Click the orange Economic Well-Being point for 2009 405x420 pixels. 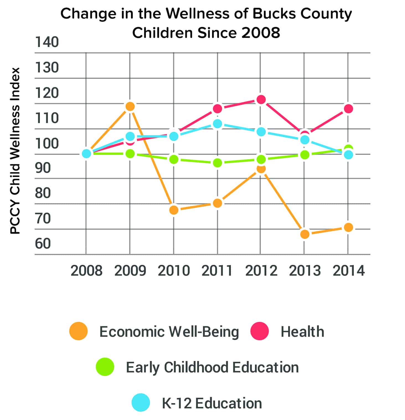[130, 106]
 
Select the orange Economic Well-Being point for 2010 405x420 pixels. [174, 210]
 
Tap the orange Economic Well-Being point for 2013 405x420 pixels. [305, 234]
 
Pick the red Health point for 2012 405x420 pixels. [261, 100]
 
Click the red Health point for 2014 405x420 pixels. [348, 109]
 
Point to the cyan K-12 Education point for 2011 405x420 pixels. [218, 124]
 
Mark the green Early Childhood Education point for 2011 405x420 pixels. [218, 163]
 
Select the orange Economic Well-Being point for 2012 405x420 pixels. [261, 169]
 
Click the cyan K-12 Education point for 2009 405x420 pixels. [130, 136]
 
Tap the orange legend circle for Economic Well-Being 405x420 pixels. [79, 331]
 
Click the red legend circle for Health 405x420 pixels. [259, 331]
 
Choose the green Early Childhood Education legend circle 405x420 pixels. [105, 367]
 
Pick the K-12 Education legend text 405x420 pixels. [212, 403]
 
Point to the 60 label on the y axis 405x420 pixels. [43, 244]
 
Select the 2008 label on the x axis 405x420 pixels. [86, 271]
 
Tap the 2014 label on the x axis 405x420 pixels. [349, 271]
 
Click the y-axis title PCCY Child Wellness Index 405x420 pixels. [15, 151]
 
